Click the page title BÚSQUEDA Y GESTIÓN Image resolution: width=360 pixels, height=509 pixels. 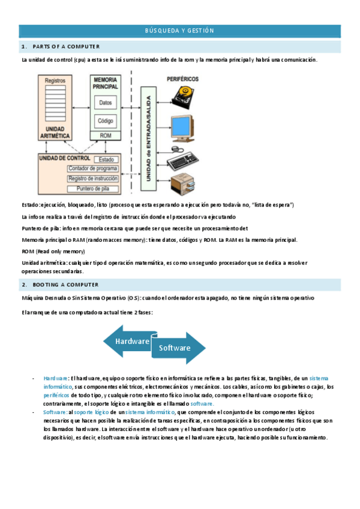180,31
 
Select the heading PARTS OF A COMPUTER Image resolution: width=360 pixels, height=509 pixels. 66,46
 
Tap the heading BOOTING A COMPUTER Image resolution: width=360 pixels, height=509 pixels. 65,285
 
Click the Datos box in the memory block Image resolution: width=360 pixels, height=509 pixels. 106,103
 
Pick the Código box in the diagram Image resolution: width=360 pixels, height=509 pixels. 106,121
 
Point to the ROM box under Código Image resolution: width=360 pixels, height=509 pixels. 106,136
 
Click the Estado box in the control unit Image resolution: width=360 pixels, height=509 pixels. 106,160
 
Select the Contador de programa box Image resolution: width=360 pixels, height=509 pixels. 93,169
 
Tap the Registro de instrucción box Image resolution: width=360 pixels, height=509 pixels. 93,179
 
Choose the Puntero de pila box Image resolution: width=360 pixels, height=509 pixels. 93,188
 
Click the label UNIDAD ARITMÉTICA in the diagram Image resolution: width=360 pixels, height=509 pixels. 55,133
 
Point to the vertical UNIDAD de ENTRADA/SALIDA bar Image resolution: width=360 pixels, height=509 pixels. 145,135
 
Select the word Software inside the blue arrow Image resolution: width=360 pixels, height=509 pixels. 174,348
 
